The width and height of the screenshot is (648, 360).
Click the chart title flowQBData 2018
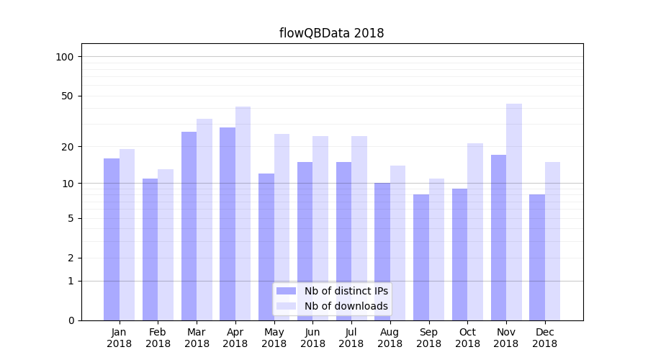(x=331, y=33)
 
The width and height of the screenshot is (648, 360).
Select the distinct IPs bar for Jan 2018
(x=112, y=239)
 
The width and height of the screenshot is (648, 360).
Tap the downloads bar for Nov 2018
(x=514, y=212)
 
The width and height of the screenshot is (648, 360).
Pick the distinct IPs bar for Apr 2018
(x=228, y=223)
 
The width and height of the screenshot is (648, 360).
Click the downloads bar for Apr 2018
(x=243, y=213)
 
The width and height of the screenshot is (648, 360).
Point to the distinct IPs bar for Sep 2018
(x=421, y=257)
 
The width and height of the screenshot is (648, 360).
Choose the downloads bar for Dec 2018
(x=552, y=241)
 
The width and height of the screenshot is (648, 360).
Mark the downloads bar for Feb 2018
(x=166, y=245)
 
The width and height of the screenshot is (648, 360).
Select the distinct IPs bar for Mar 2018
(x=189, y=225)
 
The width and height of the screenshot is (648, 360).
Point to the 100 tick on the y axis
(x=65, y=57)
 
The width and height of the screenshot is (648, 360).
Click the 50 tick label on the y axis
(x=68, y=96)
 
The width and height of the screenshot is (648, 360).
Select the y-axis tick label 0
(x=71, y=320)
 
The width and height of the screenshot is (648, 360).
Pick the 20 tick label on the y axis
(x=68, y=147)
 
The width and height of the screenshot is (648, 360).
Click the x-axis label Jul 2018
(x=351, y=338)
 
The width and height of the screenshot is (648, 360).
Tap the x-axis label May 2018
(x=274, y=338)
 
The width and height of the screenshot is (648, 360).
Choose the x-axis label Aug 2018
(x=390, y=338)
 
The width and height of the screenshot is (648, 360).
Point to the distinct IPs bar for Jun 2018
(x=305, y=241)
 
